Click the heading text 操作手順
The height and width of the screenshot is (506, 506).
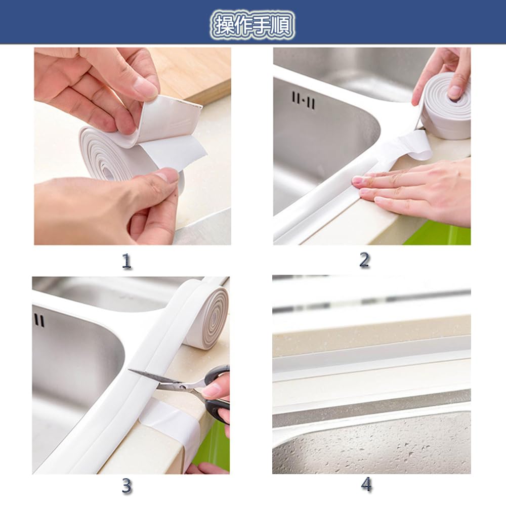(x=252, y=25)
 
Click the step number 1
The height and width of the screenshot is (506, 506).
(x=126, y=261)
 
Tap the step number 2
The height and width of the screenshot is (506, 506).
(x=364, y=260)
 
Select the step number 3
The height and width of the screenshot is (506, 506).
(x=127, y=486)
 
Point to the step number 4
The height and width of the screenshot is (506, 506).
(x=366, y=485)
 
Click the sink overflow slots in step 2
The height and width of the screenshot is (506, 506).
(x=303, y=101)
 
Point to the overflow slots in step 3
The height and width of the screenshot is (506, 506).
(x=39, y=320)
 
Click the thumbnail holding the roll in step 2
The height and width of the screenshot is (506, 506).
(x=455, y=92)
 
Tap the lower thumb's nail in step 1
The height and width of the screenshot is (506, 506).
(x=168, y=177)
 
